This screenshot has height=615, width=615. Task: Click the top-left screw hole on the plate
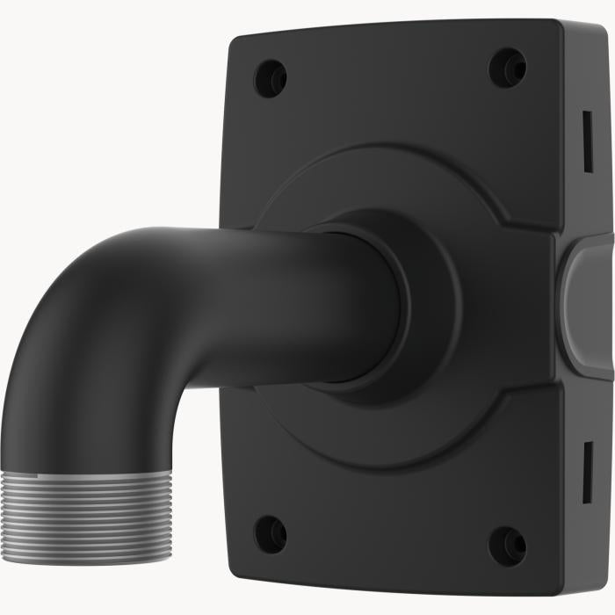(270, 78)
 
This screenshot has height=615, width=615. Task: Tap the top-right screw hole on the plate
(508, 68)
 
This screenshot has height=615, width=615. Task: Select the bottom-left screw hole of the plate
(270, 533)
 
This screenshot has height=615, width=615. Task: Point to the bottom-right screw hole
(507, 546)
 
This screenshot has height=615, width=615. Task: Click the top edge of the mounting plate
(395, 26)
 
